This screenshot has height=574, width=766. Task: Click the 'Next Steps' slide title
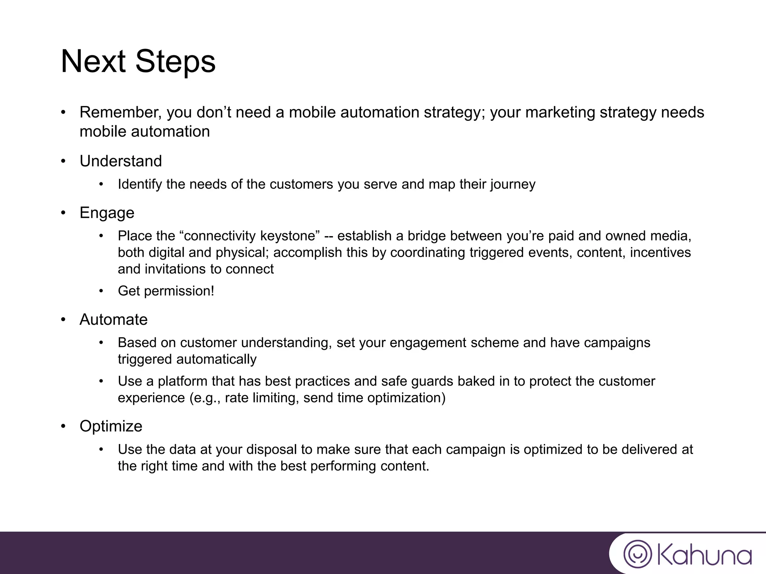[138, 62]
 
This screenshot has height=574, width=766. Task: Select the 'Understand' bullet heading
[121, 161]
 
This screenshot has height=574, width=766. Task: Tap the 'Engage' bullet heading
[107, 213]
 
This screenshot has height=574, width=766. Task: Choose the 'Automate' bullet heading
[114, 320]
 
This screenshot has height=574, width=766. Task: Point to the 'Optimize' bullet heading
[111, 426]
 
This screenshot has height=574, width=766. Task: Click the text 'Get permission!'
[166, 291]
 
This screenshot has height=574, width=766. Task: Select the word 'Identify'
[140, 185]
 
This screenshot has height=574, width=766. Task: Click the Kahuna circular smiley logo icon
[638, 553]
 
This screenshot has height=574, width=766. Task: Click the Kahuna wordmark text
[704, 554]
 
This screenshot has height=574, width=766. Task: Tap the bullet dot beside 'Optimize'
[64, 426]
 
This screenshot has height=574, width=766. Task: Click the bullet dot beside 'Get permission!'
[101, 291]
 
